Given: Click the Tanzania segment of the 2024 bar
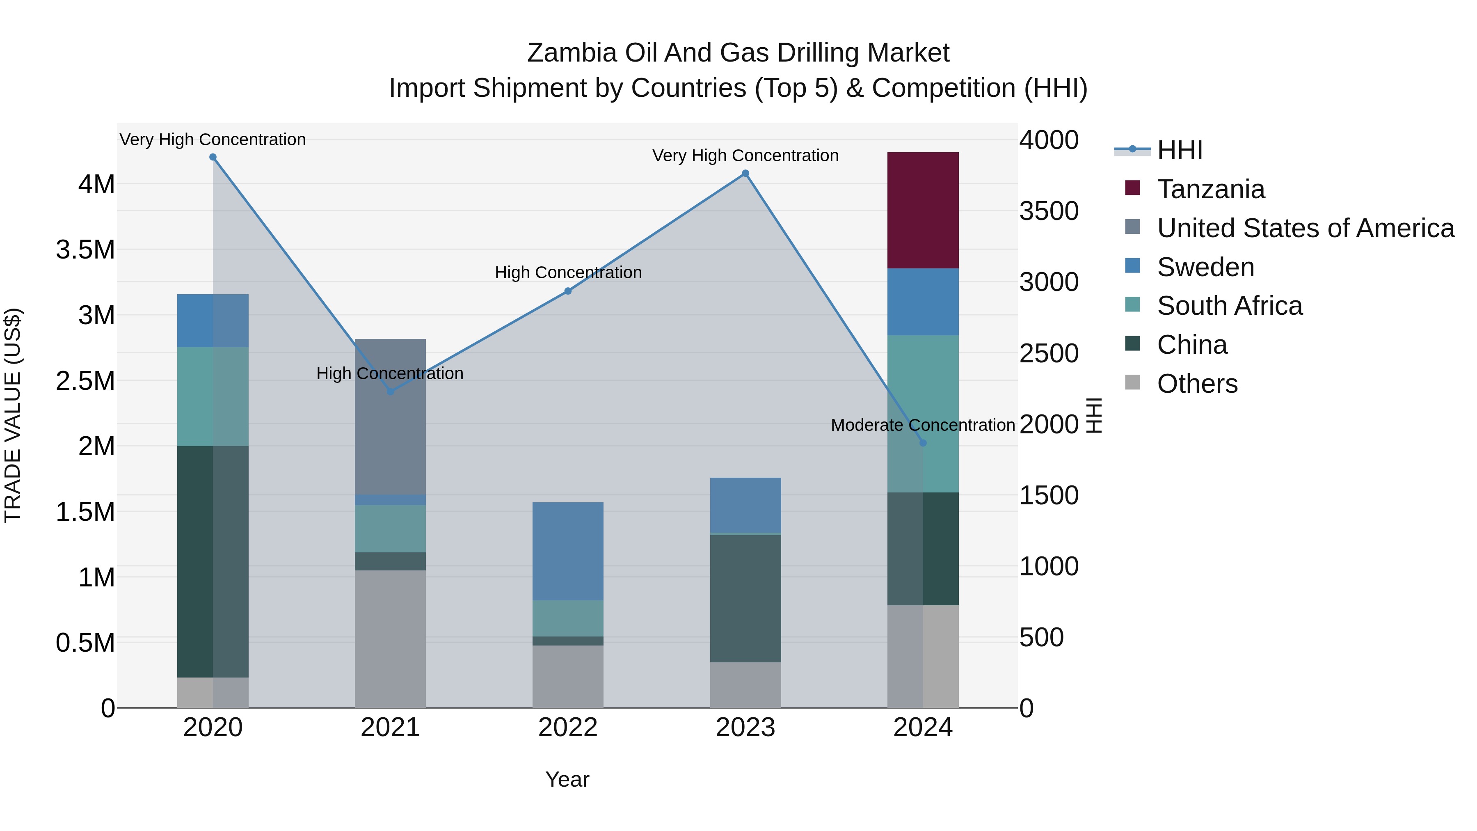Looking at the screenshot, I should (x=923, y=211).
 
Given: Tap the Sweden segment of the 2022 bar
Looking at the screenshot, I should (x=568, y=551).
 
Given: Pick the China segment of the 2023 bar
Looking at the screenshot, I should (x=745, y=598).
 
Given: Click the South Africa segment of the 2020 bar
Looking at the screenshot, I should (x=213, y=396).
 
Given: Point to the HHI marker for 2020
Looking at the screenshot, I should (x=213, y=157).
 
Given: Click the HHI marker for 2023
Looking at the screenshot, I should (x=745, y=173).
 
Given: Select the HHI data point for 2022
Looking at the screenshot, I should (x=568, y=291).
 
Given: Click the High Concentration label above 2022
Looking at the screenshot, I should (x=568, y=272).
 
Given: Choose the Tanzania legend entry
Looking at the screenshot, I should (x=1210, y=189).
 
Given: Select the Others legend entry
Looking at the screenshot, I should (x=1197, y=384).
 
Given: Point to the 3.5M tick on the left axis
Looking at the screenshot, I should (x=85, y=250).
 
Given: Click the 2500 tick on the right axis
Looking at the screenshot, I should (x=1049, y=353).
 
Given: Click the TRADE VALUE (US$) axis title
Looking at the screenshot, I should (x=13, y=415).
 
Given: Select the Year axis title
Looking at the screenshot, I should (x=567, y=779).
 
